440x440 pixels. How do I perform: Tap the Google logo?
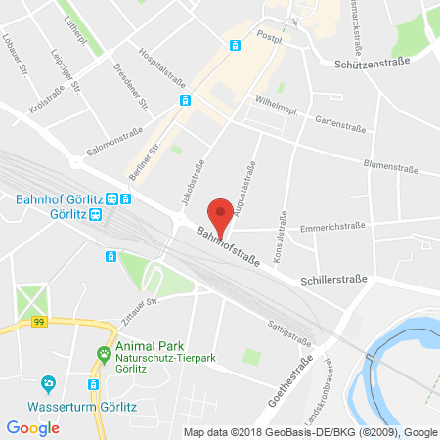click(x=33, y=427)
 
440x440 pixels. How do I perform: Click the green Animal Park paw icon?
click(x=103, y=353)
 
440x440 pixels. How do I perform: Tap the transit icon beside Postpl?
click(x=235, y=45)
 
